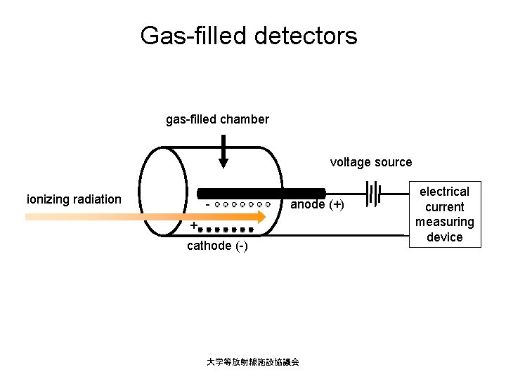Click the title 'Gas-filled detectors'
pyautogui.click(x=249, y=35)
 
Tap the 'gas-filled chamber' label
pyautogui.click(x=217, y=119)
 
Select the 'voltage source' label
pyautogui.click(x=371, y=162)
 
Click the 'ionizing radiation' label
pyautogui.click(x=74, y=199)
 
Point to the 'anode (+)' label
pyautogui.click(x=318, y=205)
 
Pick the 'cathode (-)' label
pyautogui.click(x=217, y=246)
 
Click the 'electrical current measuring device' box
pyautogui.click(x=445, y=214)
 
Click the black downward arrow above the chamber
pyautogui.click(x=223, y=151)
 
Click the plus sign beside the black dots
pyautogui.click(x=193, y=226)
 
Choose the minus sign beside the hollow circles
pyautogui.click(x=208, y=205)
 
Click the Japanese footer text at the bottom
pyautogui.click(x=253, y=362)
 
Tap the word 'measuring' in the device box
pyautogui.click(x=445, y=222)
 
